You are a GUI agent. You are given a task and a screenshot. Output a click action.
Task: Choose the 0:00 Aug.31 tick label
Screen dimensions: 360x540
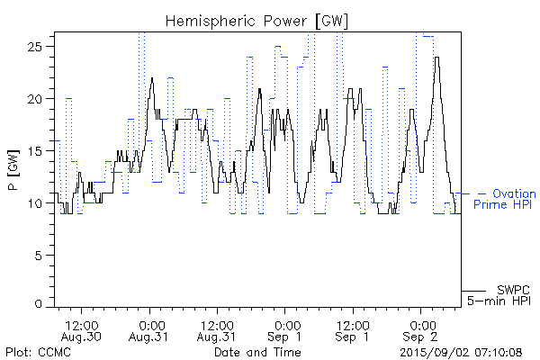coord(150,329)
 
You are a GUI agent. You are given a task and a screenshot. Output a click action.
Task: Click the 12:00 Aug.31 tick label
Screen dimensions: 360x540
coord(218,329)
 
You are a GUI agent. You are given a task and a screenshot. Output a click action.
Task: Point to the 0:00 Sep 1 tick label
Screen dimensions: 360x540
coord(286,329)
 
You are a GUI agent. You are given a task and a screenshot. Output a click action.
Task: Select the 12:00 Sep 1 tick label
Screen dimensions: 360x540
coord(354,329)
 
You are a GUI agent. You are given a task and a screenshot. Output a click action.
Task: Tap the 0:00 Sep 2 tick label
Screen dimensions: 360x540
coord(421,329)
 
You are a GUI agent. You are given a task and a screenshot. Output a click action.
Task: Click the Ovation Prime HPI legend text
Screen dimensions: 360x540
coord(507,200)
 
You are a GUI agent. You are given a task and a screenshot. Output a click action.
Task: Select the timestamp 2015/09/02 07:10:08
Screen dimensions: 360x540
coord(462,351)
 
